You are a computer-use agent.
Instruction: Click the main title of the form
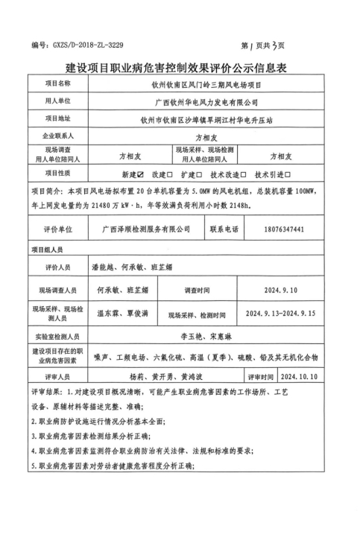click(x=180, y=69)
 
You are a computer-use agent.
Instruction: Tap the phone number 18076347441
click(x=285, y=229)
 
